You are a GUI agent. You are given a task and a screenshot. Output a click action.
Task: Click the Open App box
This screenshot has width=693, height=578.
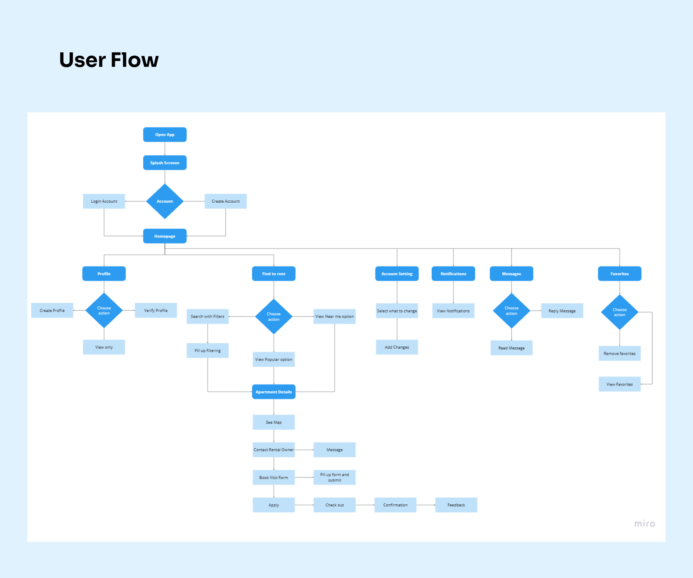[x=165, y=134]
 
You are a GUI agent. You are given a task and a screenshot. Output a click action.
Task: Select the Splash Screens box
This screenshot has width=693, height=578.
[x=165, y=163]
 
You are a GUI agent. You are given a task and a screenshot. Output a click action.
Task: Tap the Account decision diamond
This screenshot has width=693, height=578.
[x=165, y=201]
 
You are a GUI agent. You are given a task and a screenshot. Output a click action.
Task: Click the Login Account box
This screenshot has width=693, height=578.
[x=104, y=201]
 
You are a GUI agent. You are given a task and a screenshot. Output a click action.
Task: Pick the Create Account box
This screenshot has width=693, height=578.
[x=226, y=201]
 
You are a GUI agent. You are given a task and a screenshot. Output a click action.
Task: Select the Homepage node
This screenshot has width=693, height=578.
[x=165, y=236]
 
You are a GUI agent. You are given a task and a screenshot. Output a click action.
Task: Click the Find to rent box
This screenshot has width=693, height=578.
[x=274, y=273]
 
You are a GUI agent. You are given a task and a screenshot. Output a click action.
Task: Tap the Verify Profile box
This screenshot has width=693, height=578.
[x=156, y=310]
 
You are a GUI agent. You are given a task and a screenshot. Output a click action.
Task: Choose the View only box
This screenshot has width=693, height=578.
[x=104, y=347]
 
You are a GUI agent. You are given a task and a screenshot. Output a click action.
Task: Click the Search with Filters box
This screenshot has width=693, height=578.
[x=208, y=316]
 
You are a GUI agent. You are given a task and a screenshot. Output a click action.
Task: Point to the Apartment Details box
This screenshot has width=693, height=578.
[x=274, y=392]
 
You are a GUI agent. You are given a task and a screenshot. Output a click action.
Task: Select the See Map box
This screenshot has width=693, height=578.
[x=274, y=422]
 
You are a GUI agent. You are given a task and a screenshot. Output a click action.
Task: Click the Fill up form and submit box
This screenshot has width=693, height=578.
[x=334, y=477]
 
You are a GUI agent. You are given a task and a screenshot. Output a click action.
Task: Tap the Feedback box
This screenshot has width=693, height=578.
[x=456, y=505]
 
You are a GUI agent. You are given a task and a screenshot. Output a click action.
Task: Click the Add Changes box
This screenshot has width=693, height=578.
[x=397, y=347]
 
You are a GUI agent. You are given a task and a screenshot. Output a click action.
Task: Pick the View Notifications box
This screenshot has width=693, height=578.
[x=453, y=311]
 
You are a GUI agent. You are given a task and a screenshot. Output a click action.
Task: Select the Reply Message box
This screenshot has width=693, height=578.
[x=562, y=311]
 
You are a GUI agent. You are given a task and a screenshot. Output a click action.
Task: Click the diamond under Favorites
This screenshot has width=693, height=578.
[x=619, y=312]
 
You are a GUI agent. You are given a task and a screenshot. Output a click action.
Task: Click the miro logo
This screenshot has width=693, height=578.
[x=645, y=523]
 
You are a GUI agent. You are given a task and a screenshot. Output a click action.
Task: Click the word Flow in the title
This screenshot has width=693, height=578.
[x=135, y=60]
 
